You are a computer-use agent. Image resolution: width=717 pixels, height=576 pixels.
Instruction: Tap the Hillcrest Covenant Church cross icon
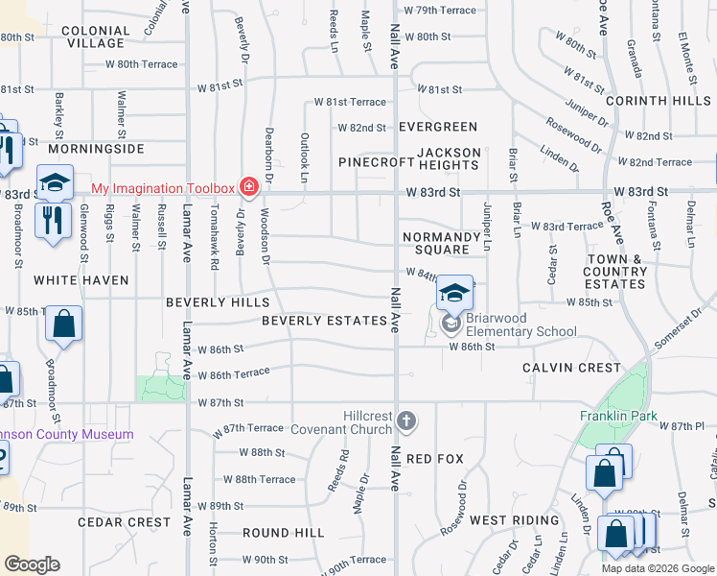406,420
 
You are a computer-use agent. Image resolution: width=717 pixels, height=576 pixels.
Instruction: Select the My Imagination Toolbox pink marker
249,186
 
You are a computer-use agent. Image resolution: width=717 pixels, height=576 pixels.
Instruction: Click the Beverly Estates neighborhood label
324,321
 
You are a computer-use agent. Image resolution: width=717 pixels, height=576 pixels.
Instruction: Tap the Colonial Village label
94,36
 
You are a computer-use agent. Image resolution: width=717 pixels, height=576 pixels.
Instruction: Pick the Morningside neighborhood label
95,150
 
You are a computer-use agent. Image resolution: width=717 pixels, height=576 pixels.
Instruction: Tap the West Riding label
514,520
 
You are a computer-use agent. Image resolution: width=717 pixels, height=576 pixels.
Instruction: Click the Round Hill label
278,533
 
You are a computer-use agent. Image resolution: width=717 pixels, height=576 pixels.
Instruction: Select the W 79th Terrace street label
440,10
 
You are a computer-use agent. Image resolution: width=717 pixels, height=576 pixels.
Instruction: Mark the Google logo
32,565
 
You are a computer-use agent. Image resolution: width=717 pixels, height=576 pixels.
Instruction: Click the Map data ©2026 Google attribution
657,568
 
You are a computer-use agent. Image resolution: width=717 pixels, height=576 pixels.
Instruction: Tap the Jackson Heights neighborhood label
449,159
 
